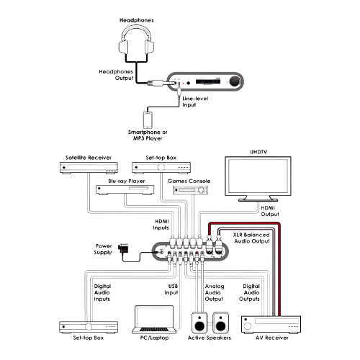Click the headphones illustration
136,41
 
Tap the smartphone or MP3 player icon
148,120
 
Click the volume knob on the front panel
235,81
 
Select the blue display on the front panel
208,81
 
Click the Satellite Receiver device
89,168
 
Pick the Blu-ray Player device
125,190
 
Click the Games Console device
190,190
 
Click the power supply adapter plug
123,248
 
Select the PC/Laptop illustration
154,320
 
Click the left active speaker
199,323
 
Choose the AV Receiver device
271,325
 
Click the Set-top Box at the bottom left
89,327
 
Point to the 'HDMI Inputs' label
161,225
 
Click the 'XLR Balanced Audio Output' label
251,238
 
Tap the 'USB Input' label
171,289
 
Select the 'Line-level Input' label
195,102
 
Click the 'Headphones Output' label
116,75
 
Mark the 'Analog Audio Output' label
215,292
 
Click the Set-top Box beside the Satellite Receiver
161,168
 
